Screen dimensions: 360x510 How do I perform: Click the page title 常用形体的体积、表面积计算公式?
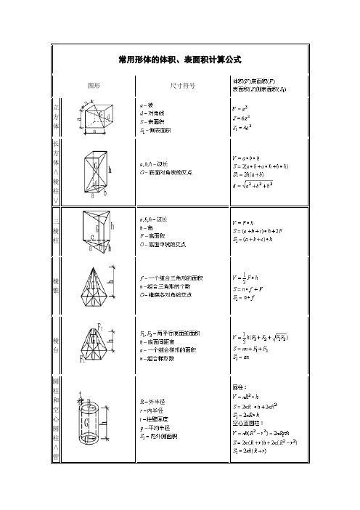[x=179, y=58]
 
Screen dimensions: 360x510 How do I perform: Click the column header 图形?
[x=93, y=85]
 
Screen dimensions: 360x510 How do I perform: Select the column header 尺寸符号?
[x=181, y=85]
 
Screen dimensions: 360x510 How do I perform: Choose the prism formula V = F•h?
[x=241, y=222]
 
